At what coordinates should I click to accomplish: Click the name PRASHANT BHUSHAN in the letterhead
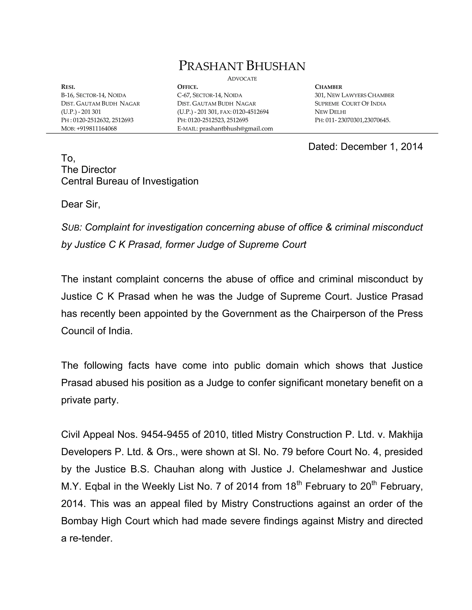pyautogui.click(x=242, y=66)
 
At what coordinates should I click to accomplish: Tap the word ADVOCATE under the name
pyautogui.click(x=242, y=79)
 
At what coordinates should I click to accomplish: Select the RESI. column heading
pyautogui.click(x=68, y=87)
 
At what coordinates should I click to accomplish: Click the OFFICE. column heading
pyautogui.click(x=188, y=87)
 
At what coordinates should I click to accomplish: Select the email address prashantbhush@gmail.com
pyautogui.click(x=236, y=128)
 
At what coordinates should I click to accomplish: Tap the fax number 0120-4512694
pyautogui.click(x=251, y=112)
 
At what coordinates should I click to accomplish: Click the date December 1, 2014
pyautogui.click(x=381, y=147)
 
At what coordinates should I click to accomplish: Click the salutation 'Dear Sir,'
pyautogui.click(x=80, y=204)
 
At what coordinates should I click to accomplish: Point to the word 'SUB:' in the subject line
pyautogui.click(x=71, y=227)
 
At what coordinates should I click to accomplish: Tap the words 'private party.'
pyautogui.click(x=90, y=400)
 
